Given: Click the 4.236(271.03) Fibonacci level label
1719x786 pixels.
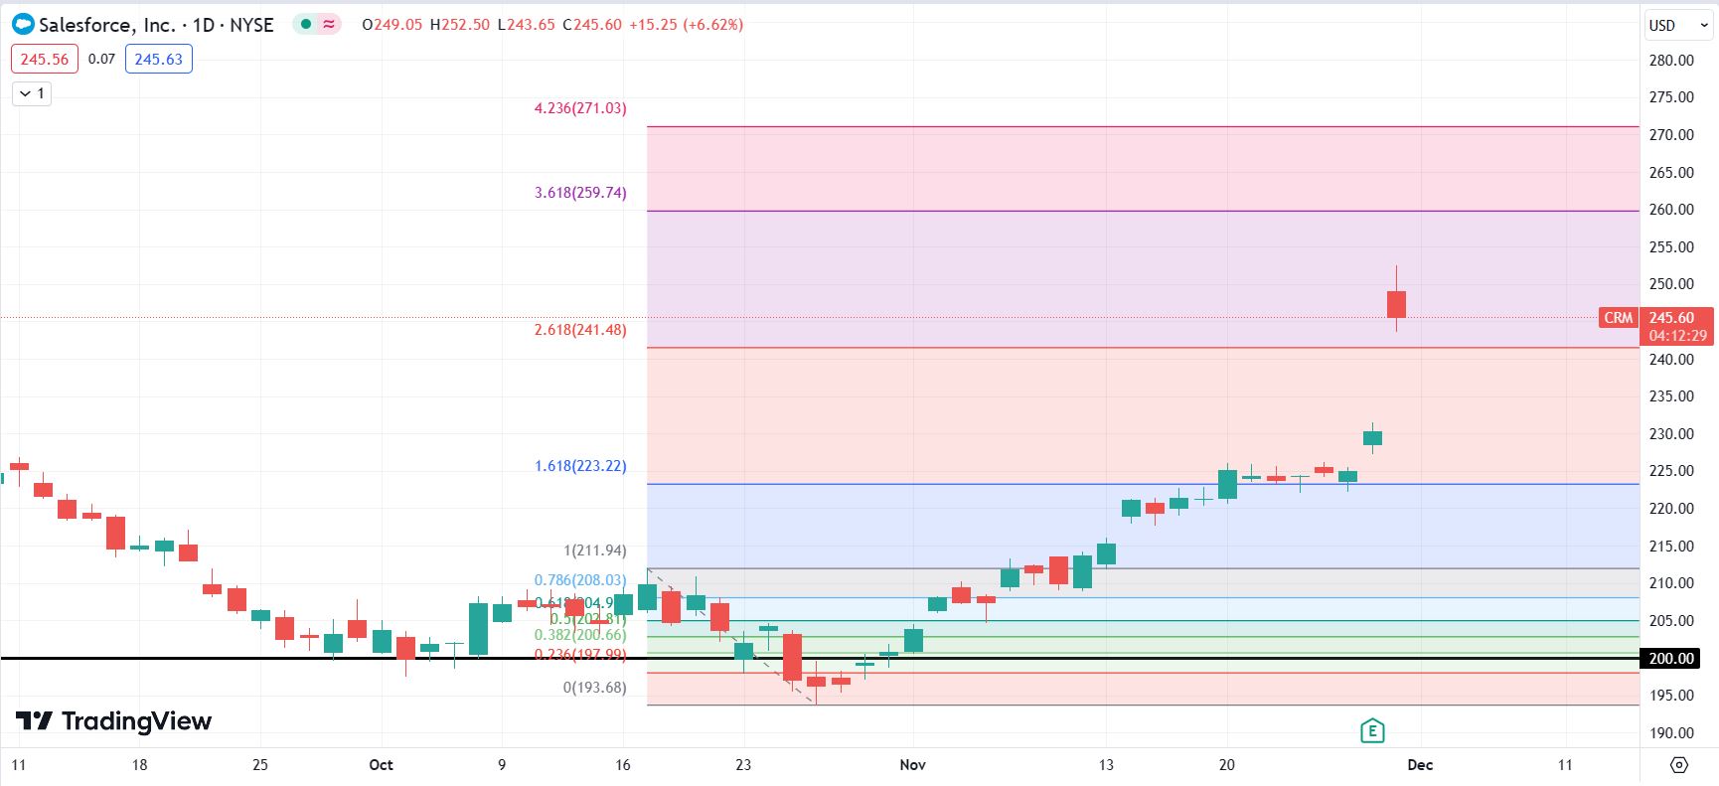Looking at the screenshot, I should [580, 108].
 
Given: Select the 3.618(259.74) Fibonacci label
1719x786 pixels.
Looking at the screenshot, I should [580, 193].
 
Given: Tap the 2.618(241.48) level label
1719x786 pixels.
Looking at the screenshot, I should [580, 330].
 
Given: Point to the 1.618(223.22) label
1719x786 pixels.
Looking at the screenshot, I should [580, 466].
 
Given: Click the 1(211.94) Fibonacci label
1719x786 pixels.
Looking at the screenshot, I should [595, 550].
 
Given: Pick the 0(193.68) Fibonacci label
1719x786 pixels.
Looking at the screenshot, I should [595, 688].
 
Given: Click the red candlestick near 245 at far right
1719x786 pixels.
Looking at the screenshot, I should [1396, 304].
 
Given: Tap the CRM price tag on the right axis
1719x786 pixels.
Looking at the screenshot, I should [1618, 318].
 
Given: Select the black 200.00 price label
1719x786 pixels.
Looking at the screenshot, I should [1671, 659].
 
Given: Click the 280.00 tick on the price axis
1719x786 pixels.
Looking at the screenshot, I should [1671, 61].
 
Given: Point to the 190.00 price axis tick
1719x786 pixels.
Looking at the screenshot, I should [1671, 733].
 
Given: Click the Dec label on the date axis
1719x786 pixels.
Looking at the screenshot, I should [1420, 765].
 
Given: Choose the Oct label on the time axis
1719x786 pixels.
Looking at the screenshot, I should [381, 765].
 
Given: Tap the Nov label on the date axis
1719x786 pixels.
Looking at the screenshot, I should [912, 765].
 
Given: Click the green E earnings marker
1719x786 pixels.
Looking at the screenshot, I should [1372, 731].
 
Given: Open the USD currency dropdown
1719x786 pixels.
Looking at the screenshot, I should [1677, 26].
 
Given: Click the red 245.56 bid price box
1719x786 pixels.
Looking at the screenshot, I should [45, 60].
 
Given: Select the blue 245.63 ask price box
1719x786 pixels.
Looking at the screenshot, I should [159, 60].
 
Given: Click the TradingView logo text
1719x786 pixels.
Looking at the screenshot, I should [136, 721].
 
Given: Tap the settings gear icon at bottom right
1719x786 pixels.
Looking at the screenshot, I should [1679, 765].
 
